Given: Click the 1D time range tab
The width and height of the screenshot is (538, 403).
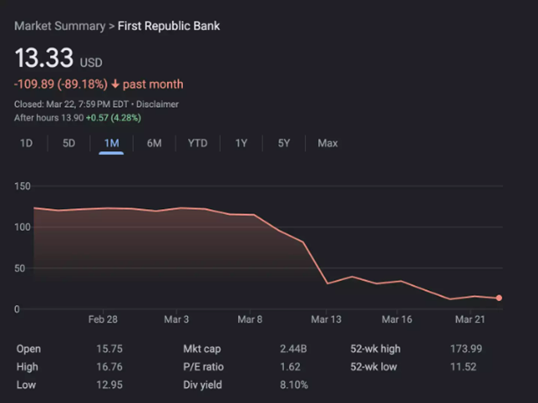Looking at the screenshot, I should tap(26, 143).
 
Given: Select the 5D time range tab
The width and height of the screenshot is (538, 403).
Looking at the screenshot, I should tap(69, 143).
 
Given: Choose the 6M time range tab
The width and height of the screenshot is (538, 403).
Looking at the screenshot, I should tap(153, 143).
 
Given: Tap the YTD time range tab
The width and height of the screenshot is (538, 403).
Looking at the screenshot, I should tap(197, 143).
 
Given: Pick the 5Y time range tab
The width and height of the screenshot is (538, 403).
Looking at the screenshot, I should tap(284, 143).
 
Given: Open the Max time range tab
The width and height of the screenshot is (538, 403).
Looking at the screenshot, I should tap(327, 143).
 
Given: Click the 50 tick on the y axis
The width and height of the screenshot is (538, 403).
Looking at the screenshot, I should tap(24, 268).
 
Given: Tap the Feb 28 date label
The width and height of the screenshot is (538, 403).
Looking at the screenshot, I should tap(102, 320).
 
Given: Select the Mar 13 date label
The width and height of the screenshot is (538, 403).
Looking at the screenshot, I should tap(325, 320).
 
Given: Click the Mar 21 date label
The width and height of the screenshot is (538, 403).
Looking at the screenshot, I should tap(470, 320).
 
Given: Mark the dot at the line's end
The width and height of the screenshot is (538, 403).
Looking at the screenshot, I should tap(499, 298).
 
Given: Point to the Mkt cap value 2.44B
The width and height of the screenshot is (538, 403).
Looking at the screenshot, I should tap(293, 349).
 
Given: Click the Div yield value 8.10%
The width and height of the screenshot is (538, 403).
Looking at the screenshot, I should tap(293, 385).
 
